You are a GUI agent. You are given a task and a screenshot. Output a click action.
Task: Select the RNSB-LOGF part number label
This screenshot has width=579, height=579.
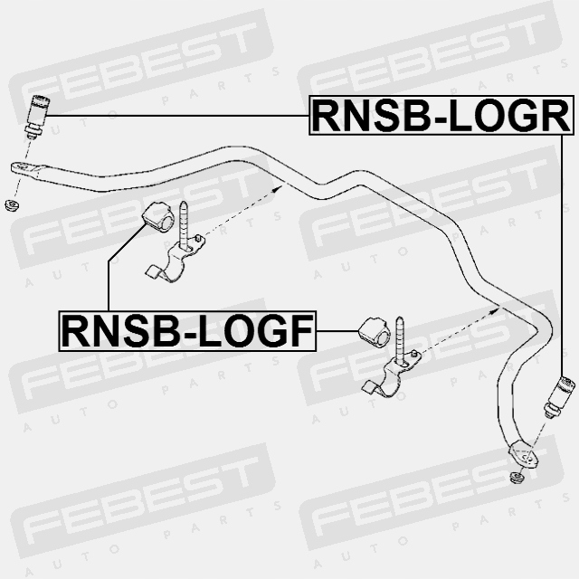[x=187, y=331]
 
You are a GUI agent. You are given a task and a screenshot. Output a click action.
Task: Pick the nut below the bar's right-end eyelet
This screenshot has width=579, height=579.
[x=517, y=477]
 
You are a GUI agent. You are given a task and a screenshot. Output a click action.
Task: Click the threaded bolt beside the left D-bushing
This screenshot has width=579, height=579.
[x=185, y=223]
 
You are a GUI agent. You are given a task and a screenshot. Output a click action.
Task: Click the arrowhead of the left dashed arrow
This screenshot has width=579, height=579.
[x=280, y=186]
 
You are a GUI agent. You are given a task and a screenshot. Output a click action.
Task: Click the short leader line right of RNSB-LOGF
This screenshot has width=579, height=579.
[x=337, y=332]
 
